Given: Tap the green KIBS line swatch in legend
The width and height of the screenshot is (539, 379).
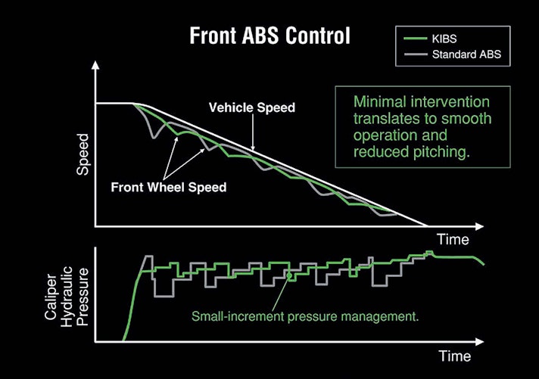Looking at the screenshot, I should click(414, 39).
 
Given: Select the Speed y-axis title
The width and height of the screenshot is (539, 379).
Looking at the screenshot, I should click(84, 154).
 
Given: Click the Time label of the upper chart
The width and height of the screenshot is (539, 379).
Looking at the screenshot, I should click(452, 241).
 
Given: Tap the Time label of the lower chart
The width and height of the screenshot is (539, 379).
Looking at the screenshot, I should click(453, 356).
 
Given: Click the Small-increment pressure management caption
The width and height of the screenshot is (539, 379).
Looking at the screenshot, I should click(306, 315).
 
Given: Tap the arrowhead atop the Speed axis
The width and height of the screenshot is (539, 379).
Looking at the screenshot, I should click(95, 67).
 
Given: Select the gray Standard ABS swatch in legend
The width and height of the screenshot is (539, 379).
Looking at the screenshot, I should click(414, 54).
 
